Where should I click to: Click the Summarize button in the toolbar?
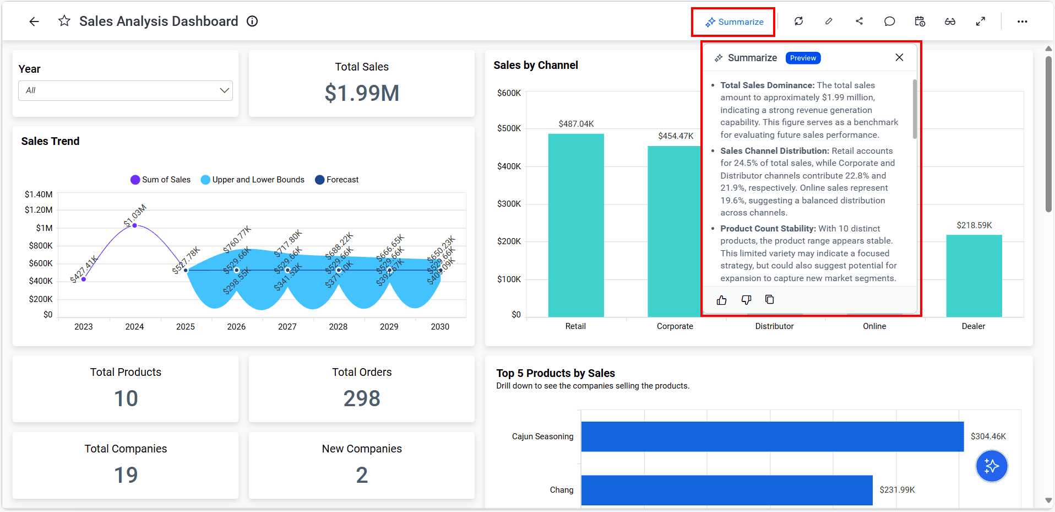(734, 22)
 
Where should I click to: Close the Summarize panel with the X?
(899, 57)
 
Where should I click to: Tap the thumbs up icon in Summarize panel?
(721, 300)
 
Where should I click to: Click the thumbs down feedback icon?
(746, 300)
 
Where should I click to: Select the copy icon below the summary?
(770, 299)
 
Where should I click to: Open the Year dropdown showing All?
(126, 90)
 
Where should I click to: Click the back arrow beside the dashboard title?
(34, 21)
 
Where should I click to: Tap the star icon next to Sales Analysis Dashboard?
(64, 21)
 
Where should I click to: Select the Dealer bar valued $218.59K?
(974, 276)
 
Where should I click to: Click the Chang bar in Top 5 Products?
(726, 490)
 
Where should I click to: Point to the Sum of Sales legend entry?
(160, 180)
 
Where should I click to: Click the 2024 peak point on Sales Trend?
(135, 225)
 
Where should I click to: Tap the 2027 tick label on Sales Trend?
(287, 327)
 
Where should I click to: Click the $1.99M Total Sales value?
(362, 93)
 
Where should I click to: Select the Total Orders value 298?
(362, 398)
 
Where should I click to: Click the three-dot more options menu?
(1022, 21)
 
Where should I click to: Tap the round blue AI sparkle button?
(991, 466)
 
